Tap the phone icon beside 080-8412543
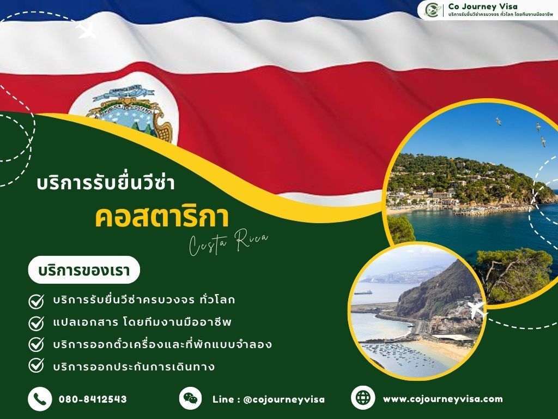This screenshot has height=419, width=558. pyautogui.click(x=39, y=399)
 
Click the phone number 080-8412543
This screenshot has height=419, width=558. pyautogui.click(x=93, y=399)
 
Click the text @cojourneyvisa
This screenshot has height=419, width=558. pyautogui.click(x=284, y=399)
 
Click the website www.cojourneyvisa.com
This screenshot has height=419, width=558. pyautogui.click(x=442, y=399)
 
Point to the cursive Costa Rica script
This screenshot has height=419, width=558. pyautogui.click(x=229, y=243)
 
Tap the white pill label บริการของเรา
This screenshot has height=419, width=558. pyautogui.click(x=84, y=270)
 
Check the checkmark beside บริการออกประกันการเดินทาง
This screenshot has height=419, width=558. pyautogui.click(x=36, y=365)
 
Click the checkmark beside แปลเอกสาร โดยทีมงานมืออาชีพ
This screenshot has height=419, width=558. pyautogui.click(x=36, y=322)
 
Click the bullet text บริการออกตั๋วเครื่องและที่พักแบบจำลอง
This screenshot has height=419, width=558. pyautogui.click(x=162, y=344)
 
